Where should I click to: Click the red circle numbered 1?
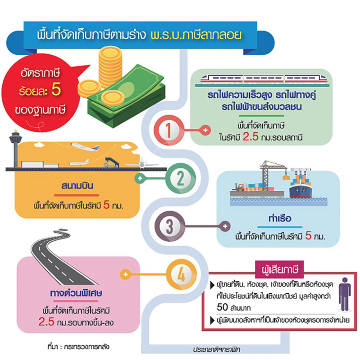pos(168,130)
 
